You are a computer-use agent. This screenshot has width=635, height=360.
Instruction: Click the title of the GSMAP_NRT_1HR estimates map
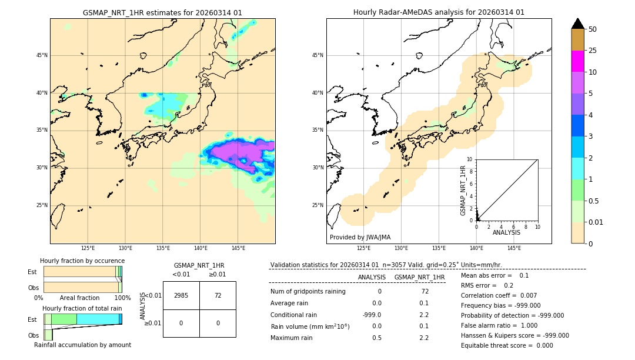tap(162, 12)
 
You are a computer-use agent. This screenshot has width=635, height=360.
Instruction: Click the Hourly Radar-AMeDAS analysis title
tap(439, 12)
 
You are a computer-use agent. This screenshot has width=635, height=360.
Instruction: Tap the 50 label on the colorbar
tap(593, 29)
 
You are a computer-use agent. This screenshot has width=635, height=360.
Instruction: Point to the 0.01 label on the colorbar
tap(596, 222)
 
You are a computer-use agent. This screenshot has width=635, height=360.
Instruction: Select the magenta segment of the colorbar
tap(578, 61)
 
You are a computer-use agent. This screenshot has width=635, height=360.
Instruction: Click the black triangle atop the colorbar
tap(578, 24)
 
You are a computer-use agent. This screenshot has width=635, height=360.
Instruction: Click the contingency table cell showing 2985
tap(181, 295)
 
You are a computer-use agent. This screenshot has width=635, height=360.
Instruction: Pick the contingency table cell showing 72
tap(218, 295)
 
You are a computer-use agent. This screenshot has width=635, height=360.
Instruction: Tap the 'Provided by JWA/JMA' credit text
tap(360, 237)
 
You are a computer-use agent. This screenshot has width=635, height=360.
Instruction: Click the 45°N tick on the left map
tap(42, 55)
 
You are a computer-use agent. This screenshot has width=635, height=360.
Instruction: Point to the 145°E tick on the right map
tap(514, 248)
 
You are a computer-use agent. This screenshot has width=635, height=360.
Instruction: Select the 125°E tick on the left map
tap(88, 248)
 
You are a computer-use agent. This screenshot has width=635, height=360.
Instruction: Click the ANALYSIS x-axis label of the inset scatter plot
tap(506, 233)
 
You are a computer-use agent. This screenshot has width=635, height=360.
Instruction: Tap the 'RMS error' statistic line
tap(487, 285)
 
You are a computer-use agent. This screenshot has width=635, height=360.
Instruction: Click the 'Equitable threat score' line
tap(507, 345)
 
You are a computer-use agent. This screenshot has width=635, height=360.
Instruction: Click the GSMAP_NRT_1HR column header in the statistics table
tap(419, 277)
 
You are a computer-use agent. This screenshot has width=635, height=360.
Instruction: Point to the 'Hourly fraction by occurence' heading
tap(82, 261)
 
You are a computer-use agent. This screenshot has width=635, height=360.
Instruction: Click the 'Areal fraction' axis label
tap(79, 298)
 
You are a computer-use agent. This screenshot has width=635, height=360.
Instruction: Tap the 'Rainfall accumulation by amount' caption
tap(82, 345)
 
